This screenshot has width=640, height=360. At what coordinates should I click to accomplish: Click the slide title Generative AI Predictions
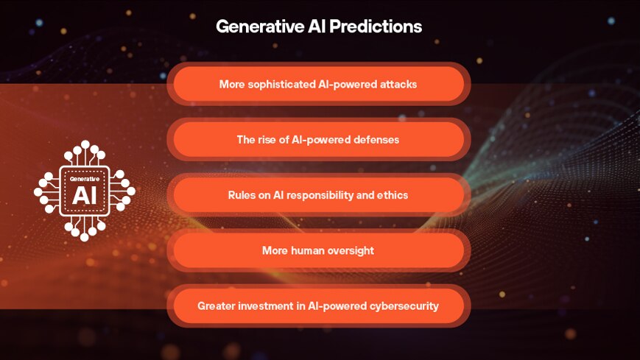pyautogui.click(x=318, y=27)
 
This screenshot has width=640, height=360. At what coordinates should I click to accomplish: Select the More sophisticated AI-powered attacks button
pyautogui.click(x=318, y=84)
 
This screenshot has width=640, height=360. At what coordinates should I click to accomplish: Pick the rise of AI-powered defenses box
pyautogui.click(x=318, y=139)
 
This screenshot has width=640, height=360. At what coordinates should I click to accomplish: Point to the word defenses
pyautogui.click(x=375, y=139)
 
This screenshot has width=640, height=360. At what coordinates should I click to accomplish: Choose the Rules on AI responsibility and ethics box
pyautogui.click(x=318, y=195)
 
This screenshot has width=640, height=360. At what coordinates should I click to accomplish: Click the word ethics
pyautogui.click(x=392, y=195)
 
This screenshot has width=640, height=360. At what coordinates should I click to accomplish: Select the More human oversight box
pyautogui.click(x=318, y=251)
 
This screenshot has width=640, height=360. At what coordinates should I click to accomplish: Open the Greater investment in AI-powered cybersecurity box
pyautogui.click(x=318, y=306)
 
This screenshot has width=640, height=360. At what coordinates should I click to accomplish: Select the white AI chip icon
pyautogui.click(x=85, y=191)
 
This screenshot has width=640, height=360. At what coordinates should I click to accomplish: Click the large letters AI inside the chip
pyautogui.click(x=85, y=195)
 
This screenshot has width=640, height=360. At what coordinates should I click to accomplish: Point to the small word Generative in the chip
pyautogui.click(x=85, y=178)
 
